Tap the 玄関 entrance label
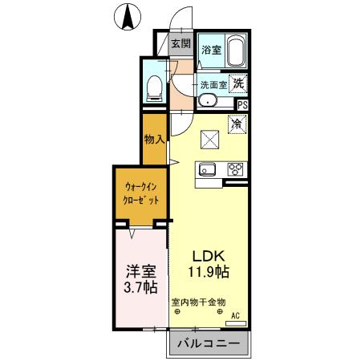tap(180, 43)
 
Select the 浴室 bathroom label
tap(210, 50)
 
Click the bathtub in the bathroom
tap(236, 52)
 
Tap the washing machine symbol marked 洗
tap(239, 81)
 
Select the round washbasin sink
tap(207, 101)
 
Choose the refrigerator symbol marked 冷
tap(237, 124)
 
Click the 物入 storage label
tap(153, 140)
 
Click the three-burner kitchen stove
tap(236, 169)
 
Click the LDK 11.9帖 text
tap(209, 264)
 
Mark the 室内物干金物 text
tap(198, 302)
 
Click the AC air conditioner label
tap(236, 316)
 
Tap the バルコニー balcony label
tap(208, 344)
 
